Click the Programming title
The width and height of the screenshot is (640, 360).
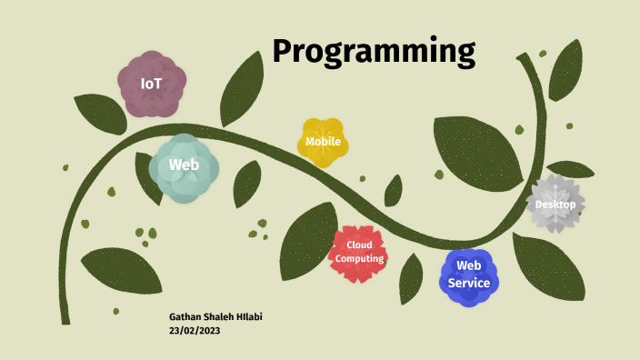(x=374, y=51)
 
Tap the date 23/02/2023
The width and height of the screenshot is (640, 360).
(x=195, y=331)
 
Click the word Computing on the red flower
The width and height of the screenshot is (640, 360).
(x=359, y=259)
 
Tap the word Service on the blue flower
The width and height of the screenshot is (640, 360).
(x=469, y=283)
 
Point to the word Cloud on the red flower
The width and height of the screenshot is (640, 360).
(x=360, y=245)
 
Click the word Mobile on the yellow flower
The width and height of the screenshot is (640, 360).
(x=323, y=142)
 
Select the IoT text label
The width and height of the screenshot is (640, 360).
(x=151, y=84)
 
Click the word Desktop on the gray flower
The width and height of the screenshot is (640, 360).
(x=555, y=205)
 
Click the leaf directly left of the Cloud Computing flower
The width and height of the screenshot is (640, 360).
(x=306, y=242)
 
